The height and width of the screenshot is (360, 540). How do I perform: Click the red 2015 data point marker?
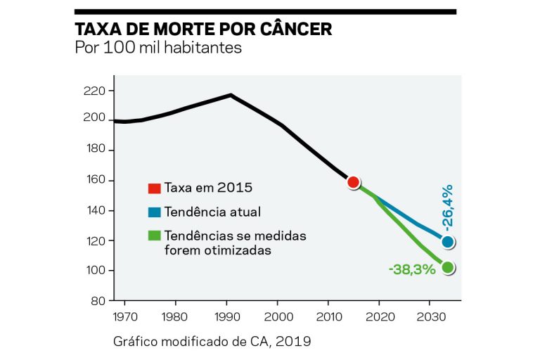(x=354, y=183)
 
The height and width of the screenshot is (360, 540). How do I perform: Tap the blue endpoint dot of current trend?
(x=448, y=242)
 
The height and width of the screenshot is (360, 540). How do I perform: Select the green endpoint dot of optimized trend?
(x=448, y=267)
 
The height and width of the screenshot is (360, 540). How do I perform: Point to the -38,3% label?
(x=411, y=269)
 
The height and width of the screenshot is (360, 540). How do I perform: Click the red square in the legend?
(x=153, y=188)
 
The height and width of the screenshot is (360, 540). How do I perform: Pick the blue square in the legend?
(x=153, y=212)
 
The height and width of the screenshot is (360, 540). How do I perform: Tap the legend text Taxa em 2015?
(x=207, y=188)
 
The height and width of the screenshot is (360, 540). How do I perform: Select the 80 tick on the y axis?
(x=98, y=301)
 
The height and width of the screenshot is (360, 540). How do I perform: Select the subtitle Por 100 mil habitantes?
(x=158, y=49)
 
